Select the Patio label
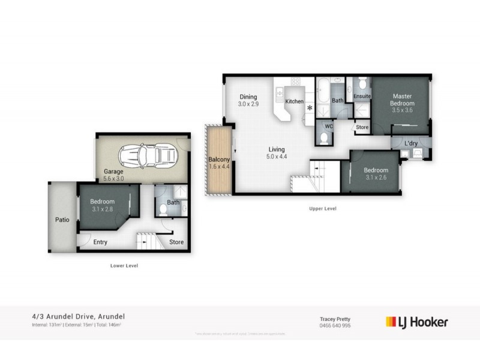coord(62,220)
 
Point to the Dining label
coord(248,97)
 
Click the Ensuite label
coord(362,96)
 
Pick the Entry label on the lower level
coord(100,242)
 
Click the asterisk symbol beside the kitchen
coord(310,108)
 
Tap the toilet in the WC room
coord(324,138)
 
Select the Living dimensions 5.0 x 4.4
coord(276,157)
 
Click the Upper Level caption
coord(323,209)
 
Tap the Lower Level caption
coord(124,265)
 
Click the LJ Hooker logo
coord(416,322)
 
